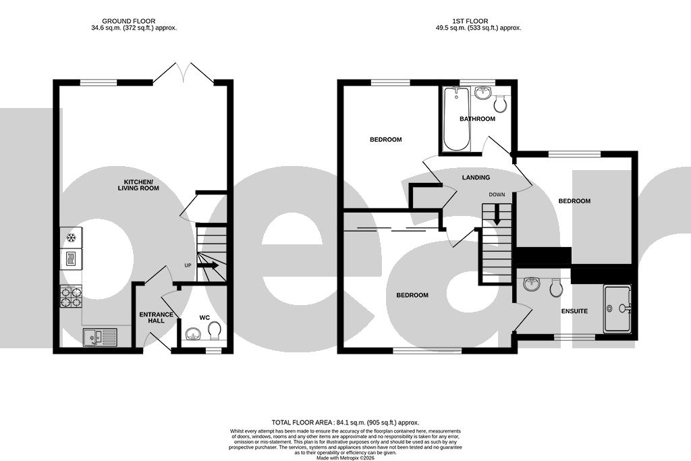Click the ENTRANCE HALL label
coord(156,318)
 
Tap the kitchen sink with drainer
coord(99,336)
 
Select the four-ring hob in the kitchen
coord(71,297)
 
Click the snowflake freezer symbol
coord(71,238)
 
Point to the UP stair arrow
coord(208,266)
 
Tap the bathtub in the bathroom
coord(456,119)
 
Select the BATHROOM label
coord(477,119)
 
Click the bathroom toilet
coord(501,104)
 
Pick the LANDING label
coord(476,178)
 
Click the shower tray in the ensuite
coord(619,308)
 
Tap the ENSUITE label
coord(574,311)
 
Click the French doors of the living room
coord(183,73)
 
